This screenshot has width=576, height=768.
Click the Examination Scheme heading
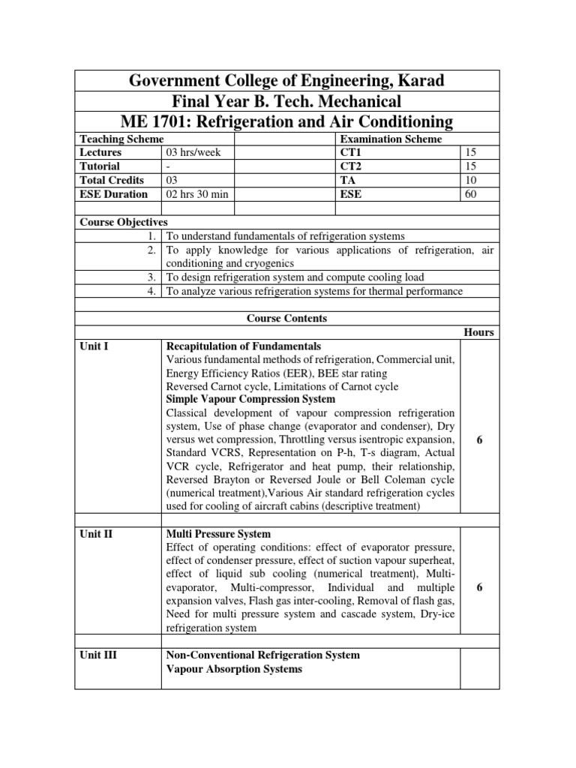click(391, 139)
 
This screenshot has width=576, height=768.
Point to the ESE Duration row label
click(115, 194)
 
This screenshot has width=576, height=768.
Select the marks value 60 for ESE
click(471, 194)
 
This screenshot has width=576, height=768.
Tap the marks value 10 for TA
click(471, 180)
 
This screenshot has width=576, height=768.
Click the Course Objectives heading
click(124, 222)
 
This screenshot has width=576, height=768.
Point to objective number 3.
click(152, 277)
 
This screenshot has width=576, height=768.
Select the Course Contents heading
click(287, 319)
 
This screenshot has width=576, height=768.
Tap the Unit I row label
click(94, 346)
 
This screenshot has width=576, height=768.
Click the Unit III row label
click(98, 655)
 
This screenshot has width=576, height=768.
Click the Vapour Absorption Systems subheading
click(234, 669)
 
